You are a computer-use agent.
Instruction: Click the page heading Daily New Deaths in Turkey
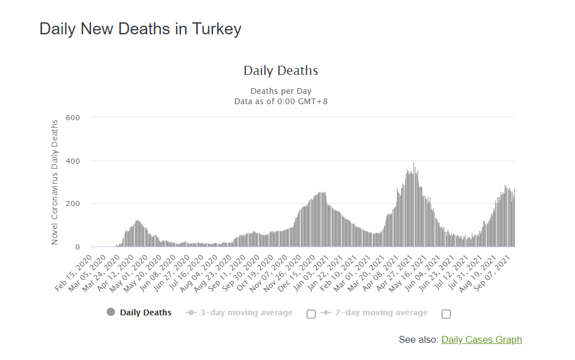(x=140, y=29)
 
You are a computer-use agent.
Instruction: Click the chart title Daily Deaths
(x=281, y=71)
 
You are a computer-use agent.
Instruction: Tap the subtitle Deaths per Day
(x=281, y=91)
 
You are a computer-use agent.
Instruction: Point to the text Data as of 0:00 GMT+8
(x=281, y=101)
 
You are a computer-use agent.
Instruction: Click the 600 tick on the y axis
(x=73, y=118)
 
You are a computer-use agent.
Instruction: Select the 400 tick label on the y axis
(x=73, y=161)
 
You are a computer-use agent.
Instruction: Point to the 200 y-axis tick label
(x=73, y=204)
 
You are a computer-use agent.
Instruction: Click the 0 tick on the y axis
(x=77, y=247)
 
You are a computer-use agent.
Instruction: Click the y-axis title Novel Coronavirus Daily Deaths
(x=55, y=182)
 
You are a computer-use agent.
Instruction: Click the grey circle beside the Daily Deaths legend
(x=111, y=312)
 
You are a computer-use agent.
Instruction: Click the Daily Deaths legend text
(x=145, y=312)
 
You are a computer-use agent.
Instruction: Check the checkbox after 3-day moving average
(x=311, y=314)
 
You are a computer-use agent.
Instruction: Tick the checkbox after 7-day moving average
(x=446, y=314)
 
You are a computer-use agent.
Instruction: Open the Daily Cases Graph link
(x=481, y=339)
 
